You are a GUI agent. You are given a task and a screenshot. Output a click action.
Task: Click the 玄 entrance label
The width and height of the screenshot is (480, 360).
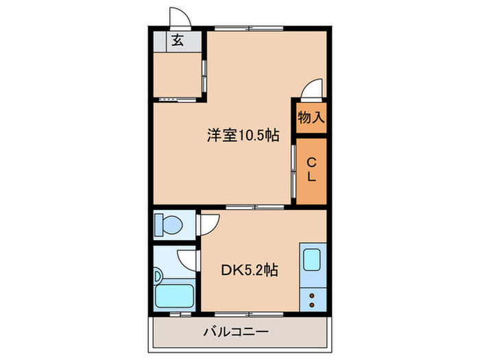pyautogui.click(x=177, y=40)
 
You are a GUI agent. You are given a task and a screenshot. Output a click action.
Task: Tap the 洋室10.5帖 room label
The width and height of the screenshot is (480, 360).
pyautogui.click(x=243, y=135)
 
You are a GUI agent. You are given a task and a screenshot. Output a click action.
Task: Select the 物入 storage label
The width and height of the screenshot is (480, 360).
pyautogui.click(x=310, y=117)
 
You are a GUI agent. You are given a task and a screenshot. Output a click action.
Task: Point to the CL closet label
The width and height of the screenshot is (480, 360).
pyautogui.click(x=311, y=169)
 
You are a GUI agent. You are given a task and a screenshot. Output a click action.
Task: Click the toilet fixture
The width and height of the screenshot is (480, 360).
pyautogui.click(x=168, y=224)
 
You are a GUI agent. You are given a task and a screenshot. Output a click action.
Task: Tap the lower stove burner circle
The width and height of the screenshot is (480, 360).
pyautogui.click(x=312, y=303)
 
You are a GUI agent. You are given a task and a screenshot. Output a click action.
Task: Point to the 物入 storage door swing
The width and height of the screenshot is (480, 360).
pyautogui.click(x=311, y=90)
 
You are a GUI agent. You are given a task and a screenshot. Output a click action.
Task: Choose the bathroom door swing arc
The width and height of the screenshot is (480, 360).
pyautogui.click(x=187, y=259)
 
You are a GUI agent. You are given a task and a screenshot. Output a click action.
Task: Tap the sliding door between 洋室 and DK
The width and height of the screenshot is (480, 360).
pyautogui.click(x=254, y=206)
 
